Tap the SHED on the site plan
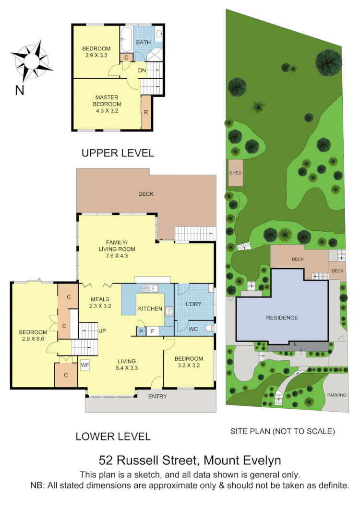point(235,173)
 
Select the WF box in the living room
point(85,365)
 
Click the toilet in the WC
point(208,329)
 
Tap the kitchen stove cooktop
point(169,311)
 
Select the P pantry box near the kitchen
point(141,331)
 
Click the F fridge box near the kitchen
point(153,331)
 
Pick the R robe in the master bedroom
point(146,112)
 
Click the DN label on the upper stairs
point(142,71)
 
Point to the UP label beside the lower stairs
point(102,331)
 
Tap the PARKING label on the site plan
point(336,395)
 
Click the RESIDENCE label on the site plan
point(282,318)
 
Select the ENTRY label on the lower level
point(157,396)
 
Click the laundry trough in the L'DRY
point(210,288)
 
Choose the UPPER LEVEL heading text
point(118,153)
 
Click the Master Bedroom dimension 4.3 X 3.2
point(107,110)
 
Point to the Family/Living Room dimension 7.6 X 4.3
point(117,256)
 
